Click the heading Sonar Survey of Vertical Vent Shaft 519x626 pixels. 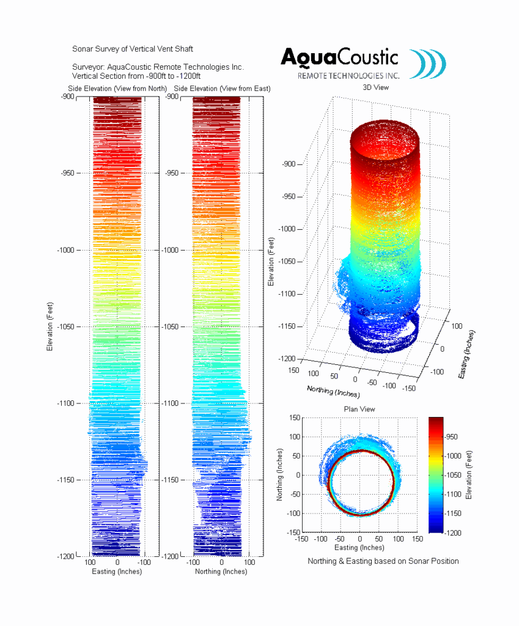pyautogui.click(x=133, y=48)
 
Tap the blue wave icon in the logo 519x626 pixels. pyautogui.click(x=427, y=64)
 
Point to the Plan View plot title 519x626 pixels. pyautogui.click(x=359, y=409)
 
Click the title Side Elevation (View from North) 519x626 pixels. pyautogui.click(x=117, y=89)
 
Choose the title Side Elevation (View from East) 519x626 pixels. pyautogui.click(x=222, y=89)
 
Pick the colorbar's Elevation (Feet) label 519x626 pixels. pyautogui.click(x=469, y=475)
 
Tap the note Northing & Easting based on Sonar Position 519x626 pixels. pyautogui.click(x=383, y=561)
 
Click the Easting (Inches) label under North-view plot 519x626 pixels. pyautogui.click(x=117, y=572)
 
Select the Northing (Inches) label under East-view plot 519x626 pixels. pyautogui.click(x=221, y=572)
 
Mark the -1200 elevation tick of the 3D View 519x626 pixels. pyautogui.click(x=290, y=358)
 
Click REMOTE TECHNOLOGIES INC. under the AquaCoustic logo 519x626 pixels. pyautogui.click(x=348, y=76)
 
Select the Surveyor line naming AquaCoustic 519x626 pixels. pyautogui.click(x=158, y=67)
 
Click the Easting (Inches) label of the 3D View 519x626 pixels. pyautogui.click(x=466, y=355)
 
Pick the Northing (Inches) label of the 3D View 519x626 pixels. pyautogui.click(x=331, y=391)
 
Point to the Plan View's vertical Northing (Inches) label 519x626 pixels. pyautogui.click(x=280, y=475)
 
